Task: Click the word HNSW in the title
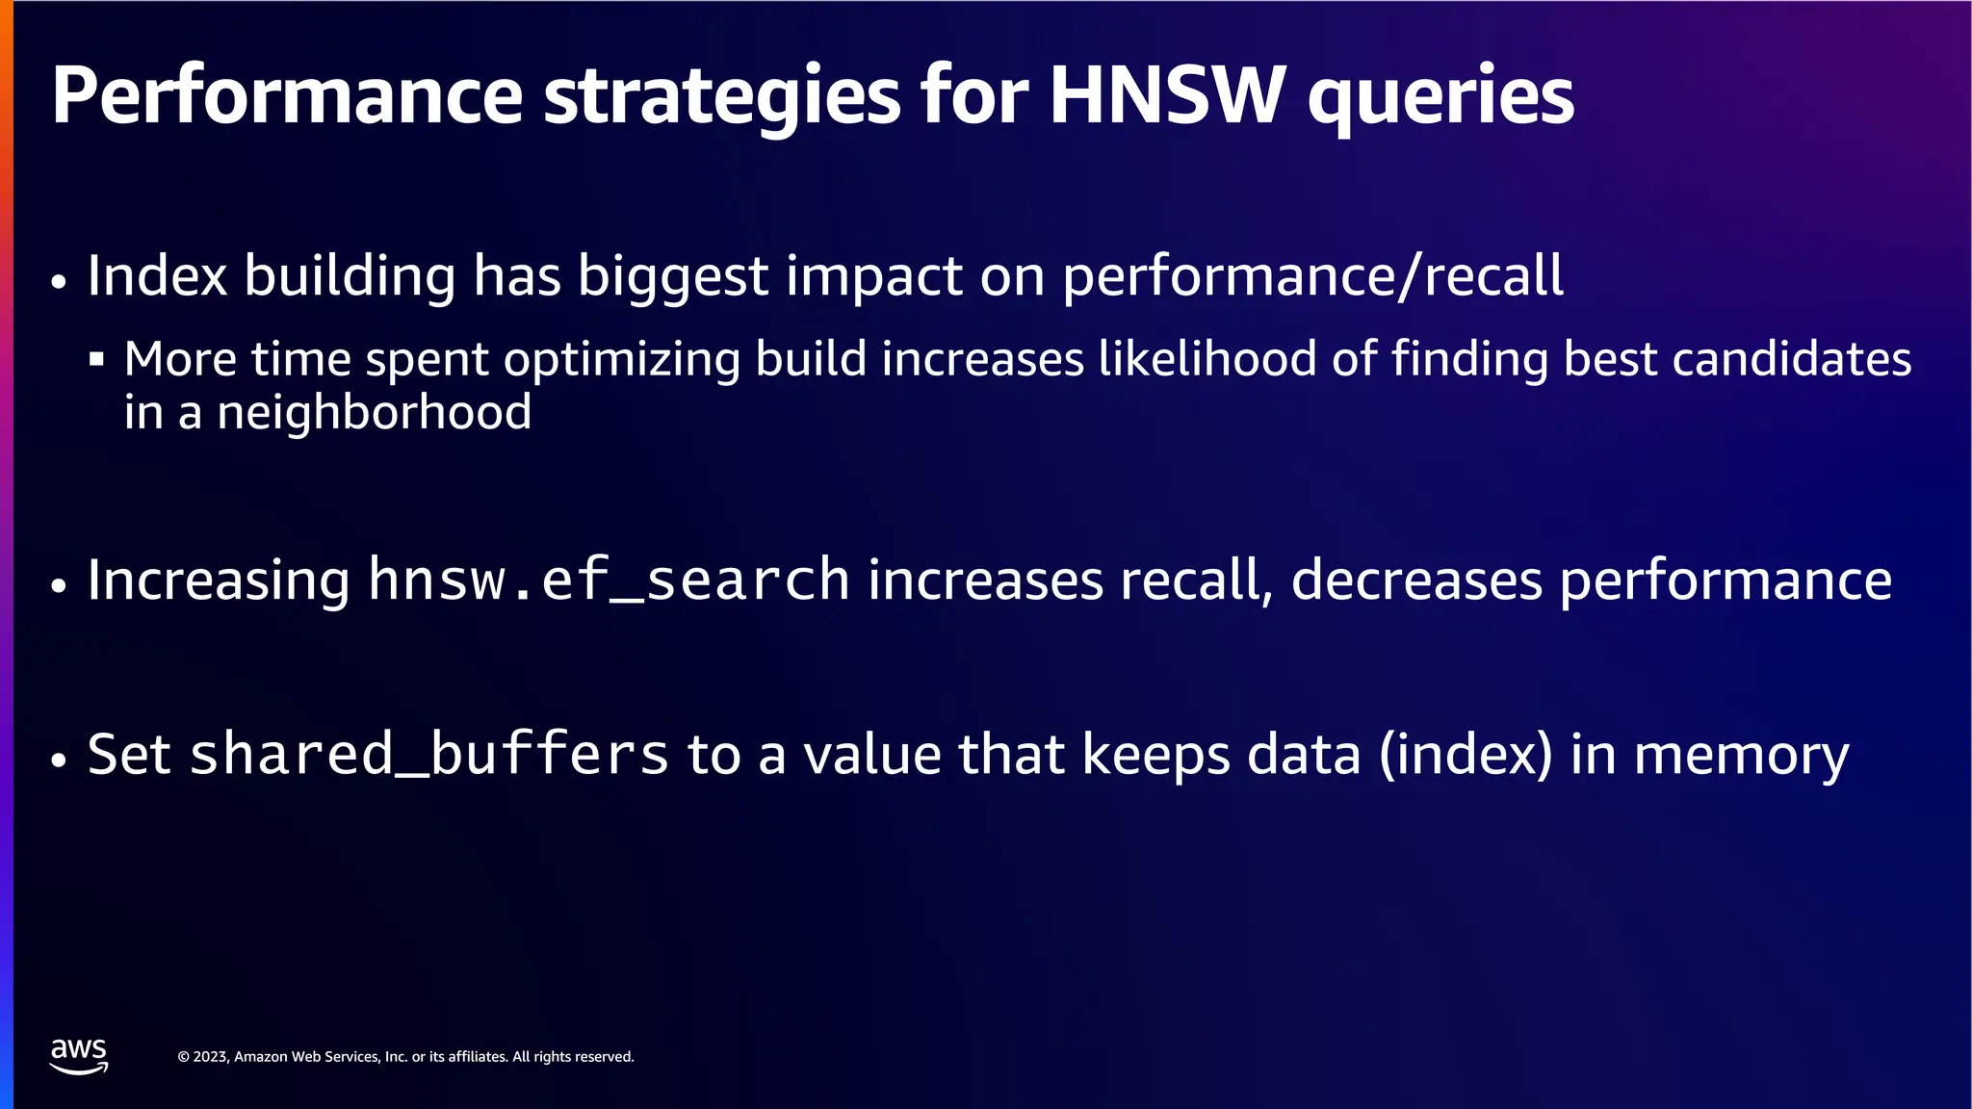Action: coord(1167,95)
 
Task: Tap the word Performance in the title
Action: coord(286,95)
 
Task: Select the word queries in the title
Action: coord(1440,100)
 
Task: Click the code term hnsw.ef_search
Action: coord(609,580)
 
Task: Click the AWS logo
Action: coord(79,1056)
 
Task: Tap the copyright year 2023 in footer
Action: coord(210,1057)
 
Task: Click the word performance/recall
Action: coord(1312,277)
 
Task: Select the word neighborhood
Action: coord(374,413)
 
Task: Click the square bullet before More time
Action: coord(96,360)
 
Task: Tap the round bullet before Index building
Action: coord(60,283)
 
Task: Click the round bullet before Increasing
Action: coord(60,586)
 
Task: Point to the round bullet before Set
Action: coord(60,760)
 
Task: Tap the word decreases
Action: coord(1416,580)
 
